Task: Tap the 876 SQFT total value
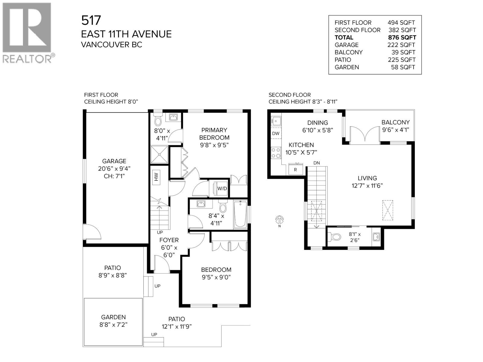402,37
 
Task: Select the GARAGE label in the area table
347,45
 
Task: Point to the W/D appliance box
222,189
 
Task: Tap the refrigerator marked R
295,169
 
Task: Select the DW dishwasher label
276,133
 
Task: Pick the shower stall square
159,154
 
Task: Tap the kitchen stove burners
276,152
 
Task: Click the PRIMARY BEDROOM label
214,134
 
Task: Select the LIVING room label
367,178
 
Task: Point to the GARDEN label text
114,317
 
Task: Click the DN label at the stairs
316,163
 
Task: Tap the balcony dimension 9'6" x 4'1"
395,130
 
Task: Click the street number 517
91,21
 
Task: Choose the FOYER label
169,240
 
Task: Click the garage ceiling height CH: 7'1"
114,176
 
